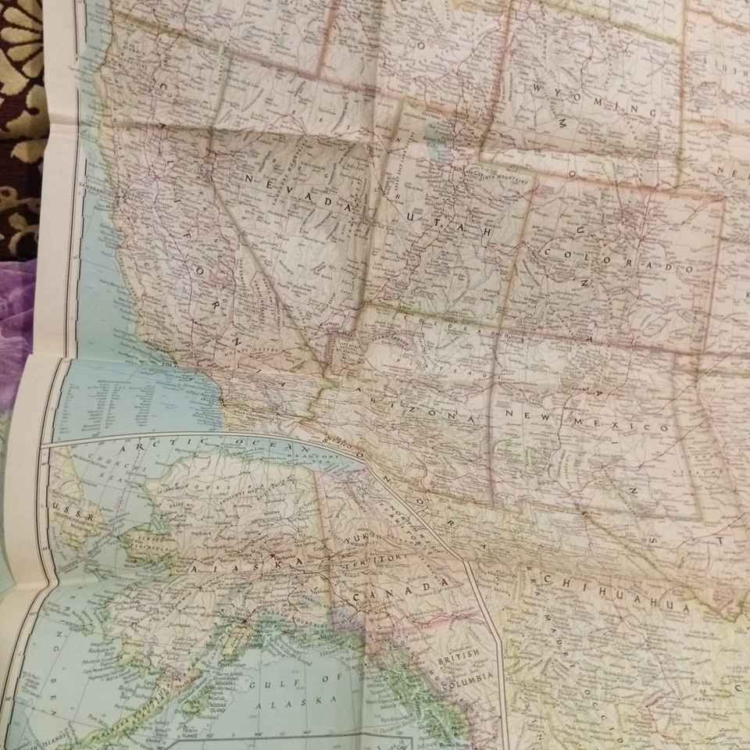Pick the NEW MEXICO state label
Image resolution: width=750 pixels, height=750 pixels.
[x=583, y=420]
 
